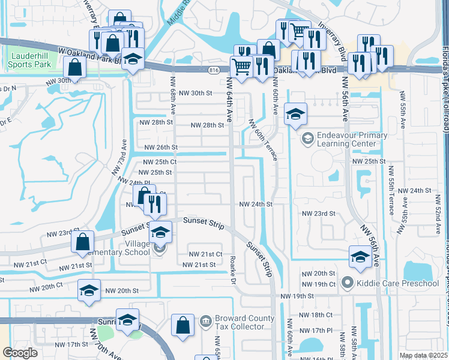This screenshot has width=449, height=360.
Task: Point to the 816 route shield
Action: tap(214, 70)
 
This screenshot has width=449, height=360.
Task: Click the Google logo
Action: tap(20, 353)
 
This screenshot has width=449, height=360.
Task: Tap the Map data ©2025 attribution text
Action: tap(423, 355)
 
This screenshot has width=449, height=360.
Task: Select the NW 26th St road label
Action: tap(161, 147)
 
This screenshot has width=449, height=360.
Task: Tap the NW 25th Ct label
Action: tap(160, 162)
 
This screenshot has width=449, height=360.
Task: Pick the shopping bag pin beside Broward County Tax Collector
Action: tap(183, 325)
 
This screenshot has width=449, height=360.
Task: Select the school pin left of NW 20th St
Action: tap(89, 290)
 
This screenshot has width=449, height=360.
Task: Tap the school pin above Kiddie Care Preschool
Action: tap(360, 256)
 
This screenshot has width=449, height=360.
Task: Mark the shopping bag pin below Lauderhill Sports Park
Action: tap(74, 67)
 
